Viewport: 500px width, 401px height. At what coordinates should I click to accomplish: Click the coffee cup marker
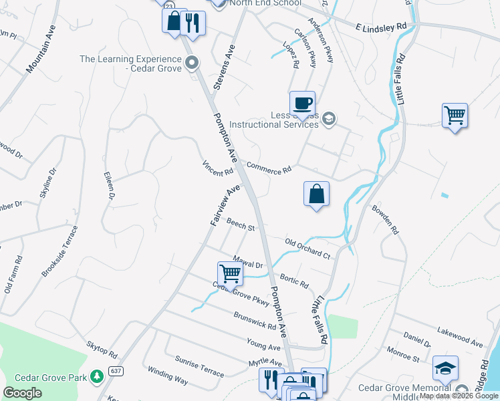302,104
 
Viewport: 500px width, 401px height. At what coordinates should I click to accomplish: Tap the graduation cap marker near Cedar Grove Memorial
445,368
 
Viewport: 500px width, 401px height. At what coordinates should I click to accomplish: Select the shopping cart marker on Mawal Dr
230,273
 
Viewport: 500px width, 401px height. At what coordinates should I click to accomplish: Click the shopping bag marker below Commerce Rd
317,194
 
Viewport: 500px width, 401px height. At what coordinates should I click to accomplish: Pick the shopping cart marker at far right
455,115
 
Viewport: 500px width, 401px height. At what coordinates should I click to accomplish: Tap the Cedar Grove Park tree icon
97,378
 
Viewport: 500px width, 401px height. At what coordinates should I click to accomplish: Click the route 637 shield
116,371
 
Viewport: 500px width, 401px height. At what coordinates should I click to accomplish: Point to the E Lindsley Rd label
381,26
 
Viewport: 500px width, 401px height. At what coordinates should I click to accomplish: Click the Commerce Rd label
269,168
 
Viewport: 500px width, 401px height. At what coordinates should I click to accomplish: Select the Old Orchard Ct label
307,248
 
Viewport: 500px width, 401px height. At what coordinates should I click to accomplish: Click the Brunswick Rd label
255,321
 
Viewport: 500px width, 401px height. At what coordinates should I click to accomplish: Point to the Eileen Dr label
109,186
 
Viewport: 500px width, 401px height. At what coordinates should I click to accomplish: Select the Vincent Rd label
218,167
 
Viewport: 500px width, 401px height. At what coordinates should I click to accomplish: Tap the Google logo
22,393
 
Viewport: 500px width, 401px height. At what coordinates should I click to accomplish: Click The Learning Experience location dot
193,64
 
